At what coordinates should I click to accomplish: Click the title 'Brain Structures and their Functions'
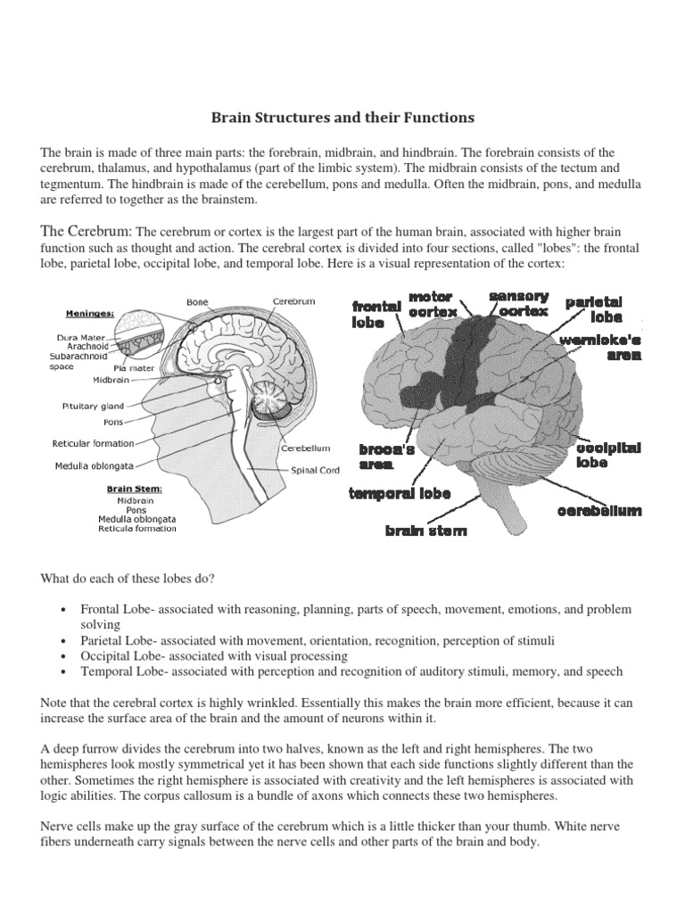[x=342, y=118]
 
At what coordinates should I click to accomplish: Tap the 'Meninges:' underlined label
[x=91, y=314]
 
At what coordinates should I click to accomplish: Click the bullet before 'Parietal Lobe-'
[x=64, y=641]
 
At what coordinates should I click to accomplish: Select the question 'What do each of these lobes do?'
[x=128, y=579]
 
